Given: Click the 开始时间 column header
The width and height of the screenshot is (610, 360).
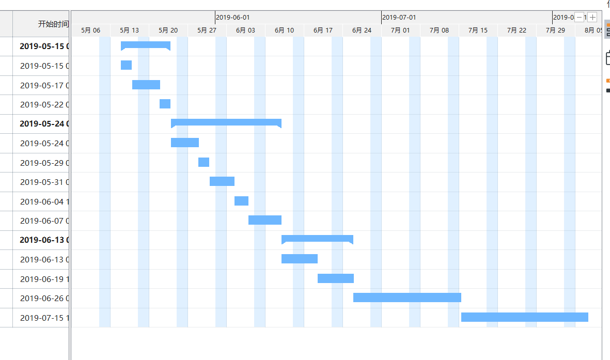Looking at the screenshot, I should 53,24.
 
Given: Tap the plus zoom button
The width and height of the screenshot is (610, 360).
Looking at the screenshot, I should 592,17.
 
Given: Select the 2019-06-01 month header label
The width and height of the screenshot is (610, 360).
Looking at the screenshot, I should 233,17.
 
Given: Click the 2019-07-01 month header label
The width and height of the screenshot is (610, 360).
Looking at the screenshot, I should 399,17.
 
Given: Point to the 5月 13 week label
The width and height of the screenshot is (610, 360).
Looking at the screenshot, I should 129,30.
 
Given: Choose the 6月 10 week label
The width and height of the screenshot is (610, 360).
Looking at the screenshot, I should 284,30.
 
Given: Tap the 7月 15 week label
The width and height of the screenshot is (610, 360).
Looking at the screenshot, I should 478,30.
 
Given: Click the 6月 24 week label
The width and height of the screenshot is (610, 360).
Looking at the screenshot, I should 362,30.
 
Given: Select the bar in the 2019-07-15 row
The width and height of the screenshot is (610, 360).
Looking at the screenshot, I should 524,317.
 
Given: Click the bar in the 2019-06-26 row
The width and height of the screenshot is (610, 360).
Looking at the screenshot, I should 407,298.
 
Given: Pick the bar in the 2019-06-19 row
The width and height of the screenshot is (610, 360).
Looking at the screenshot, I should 335,278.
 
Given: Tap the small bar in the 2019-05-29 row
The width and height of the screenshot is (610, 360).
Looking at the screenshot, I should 204,162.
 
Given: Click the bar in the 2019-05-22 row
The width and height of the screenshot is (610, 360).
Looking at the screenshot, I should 165,104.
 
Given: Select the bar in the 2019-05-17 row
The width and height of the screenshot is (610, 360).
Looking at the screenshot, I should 146,85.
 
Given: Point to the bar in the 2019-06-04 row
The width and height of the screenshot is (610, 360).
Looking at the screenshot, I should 241,201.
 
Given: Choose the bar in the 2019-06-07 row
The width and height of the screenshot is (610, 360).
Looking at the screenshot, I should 264,220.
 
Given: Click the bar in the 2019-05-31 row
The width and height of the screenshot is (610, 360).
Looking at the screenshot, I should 222,181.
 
